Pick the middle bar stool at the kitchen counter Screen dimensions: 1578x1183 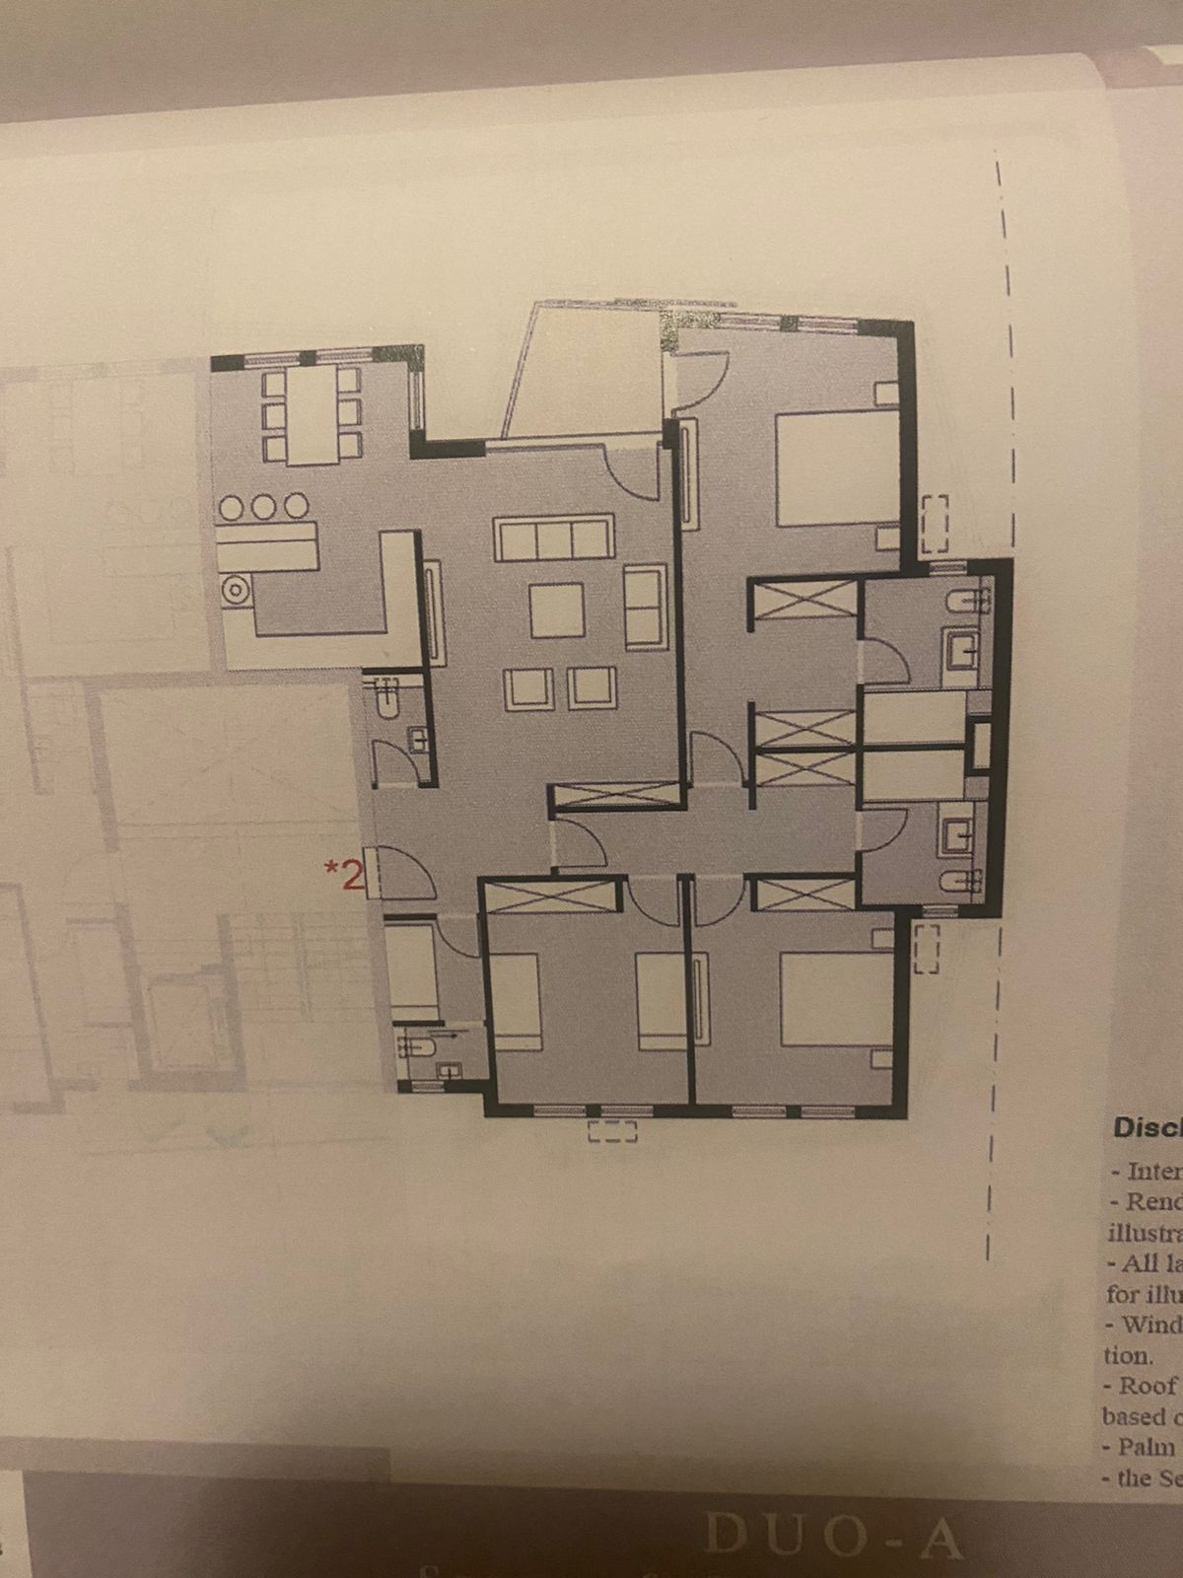[x=263, y=507]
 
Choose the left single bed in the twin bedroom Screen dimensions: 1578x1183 [x=514, y=1001]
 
